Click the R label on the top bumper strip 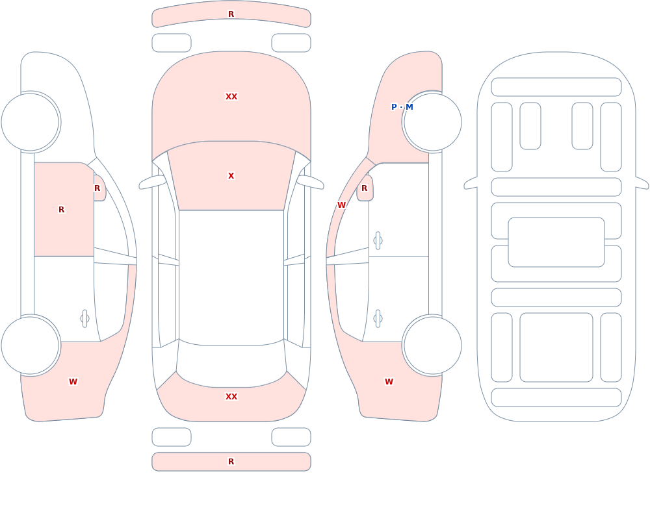(231, 14)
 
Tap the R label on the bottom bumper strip (231, 462)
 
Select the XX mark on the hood (231, 97)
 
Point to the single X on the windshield (231, 176)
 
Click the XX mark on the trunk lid (231, 397)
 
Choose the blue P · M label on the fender (402, 107)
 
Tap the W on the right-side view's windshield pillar (341, 205)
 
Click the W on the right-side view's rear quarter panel (389, 382)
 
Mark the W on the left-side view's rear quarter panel (73, 382)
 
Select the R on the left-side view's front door (61, 210)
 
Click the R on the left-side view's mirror (97, 188)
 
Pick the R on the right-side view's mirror (365, 188)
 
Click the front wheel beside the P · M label (432, 122)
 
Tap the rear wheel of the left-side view (31, 345)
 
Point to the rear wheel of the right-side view (432, 345)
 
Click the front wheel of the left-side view (31, 122)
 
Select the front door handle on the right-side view (378, 241)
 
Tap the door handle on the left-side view (84, 319)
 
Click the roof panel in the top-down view (231, 277)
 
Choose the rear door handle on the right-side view (378, 319)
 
